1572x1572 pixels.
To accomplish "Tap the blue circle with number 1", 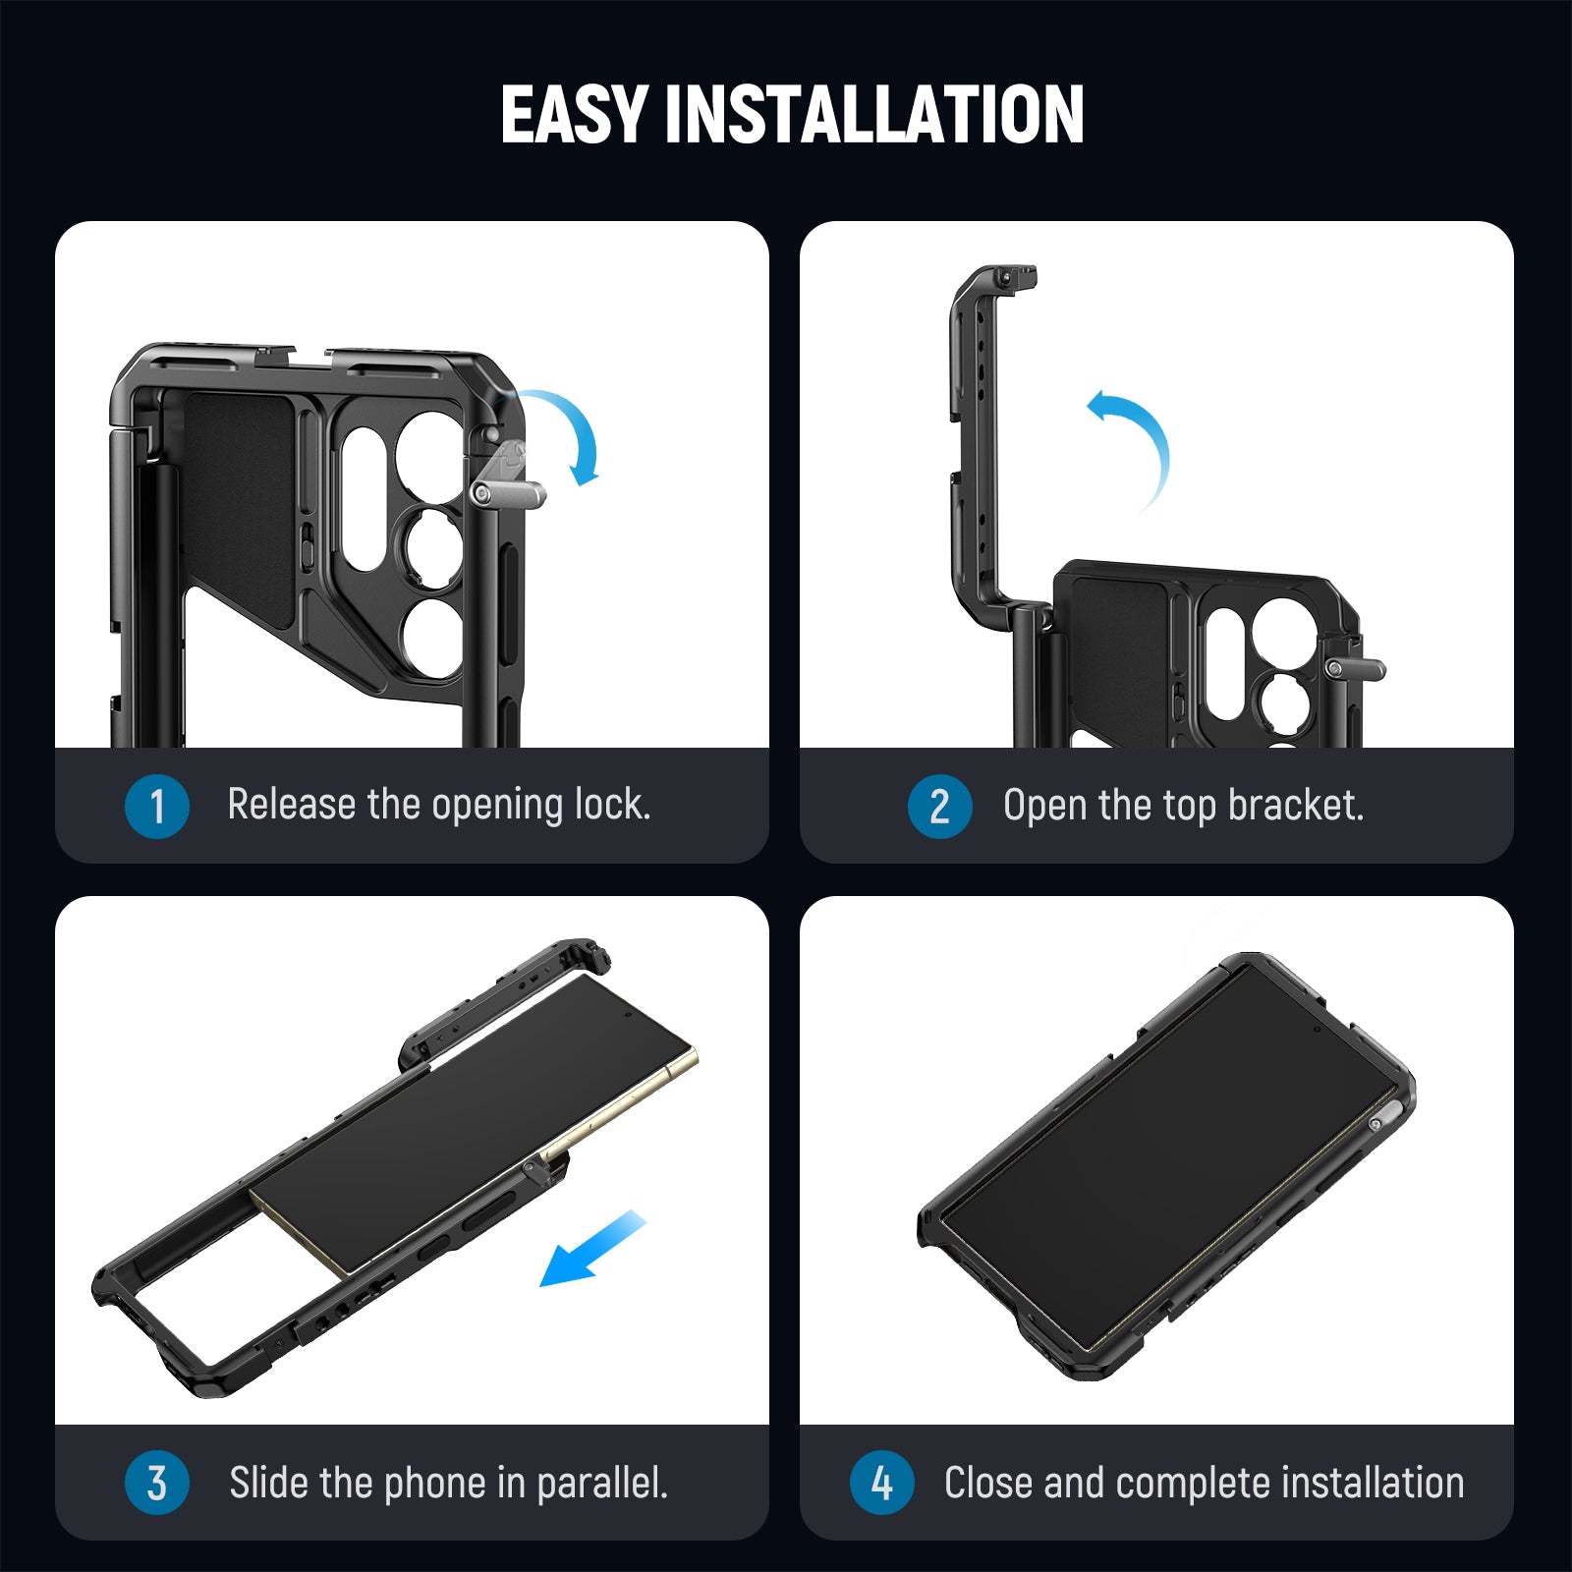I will [x=156, y=807].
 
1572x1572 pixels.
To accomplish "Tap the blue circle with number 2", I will [x=939, y=807].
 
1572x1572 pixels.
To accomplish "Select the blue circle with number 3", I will [x=156, y=1483].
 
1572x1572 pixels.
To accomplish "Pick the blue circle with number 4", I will [x=881, y=1483].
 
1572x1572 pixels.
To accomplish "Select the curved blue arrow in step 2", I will [x=1140, y=442].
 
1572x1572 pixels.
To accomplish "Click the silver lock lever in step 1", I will [x=507, y=491].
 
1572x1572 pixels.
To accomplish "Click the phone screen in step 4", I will [x=1169, y=1159].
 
